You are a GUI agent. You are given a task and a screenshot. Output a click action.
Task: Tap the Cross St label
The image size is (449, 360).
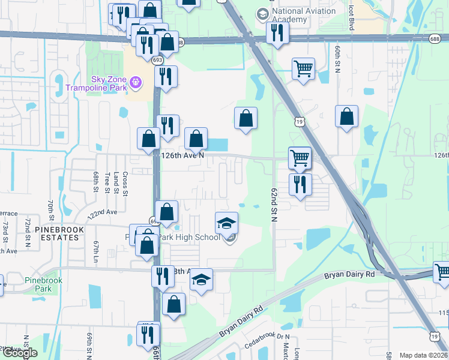[125, 182]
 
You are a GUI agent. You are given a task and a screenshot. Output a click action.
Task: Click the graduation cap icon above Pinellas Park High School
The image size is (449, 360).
[226, 223]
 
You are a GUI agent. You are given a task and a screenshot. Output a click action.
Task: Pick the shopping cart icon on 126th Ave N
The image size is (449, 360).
[300, 158]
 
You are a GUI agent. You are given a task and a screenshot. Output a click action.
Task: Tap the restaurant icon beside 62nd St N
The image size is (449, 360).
[300, 184]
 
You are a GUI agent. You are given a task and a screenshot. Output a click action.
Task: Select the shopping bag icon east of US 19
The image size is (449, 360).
[347, 116]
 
